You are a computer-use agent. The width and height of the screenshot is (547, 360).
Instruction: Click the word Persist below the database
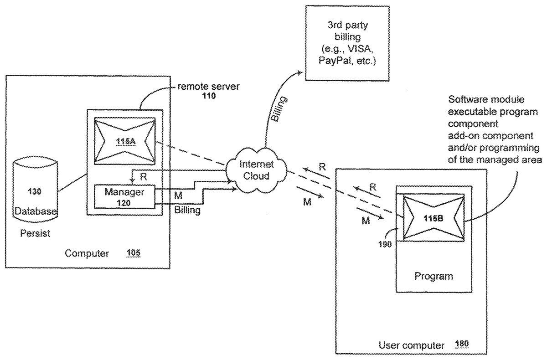35,234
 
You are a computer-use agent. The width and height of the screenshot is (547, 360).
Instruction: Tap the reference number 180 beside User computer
462,345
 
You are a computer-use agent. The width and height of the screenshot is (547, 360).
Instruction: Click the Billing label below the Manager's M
187,211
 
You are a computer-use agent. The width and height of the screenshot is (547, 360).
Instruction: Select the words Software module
480,99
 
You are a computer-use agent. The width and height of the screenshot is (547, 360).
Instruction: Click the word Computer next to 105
87,253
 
